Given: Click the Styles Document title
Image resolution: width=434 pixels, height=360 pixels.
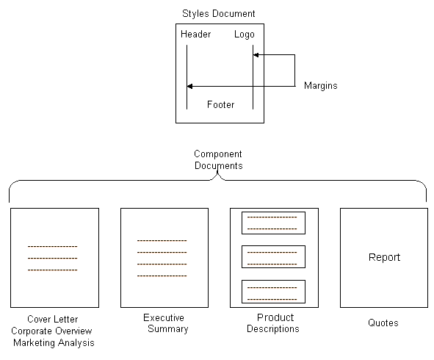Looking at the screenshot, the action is (x=218, y=14).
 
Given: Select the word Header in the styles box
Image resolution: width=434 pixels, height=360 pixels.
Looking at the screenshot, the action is (x=195, y=34).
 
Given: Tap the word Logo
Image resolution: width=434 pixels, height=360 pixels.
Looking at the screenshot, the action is (x=244, y=35).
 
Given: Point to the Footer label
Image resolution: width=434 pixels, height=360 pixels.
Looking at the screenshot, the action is (x=220, y=104).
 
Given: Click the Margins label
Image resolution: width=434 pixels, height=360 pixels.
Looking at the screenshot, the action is (x=320, y=86).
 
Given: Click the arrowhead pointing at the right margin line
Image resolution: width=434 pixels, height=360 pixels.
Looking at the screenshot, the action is (x=256, y=55).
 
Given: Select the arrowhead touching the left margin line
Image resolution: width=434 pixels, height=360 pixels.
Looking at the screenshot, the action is (x=190, y=87).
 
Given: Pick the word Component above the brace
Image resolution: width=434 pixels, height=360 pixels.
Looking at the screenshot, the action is (x=218, y=154).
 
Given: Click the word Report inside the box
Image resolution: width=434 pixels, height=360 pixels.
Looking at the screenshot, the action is (x=384, y=258).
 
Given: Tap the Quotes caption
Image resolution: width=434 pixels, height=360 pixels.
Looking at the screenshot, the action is (x=383, y=323).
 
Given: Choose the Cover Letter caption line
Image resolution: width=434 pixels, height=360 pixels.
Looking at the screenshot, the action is (x=53, y=320).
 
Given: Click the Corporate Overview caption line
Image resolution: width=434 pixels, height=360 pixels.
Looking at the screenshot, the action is (x=51, y=331).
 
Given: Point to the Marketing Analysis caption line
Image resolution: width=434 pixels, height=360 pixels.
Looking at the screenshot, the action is (x=54, y=343).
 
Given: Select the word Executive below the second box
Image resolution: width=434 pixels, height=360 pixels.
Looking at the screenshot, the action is (x=164, y=317).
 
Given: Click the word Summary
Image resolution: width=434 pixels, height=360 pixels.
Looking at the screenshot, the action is (x=168, y=329).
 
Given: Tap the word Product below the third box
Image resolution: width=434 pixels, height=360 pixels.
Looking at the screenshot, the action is (x=275, y=317).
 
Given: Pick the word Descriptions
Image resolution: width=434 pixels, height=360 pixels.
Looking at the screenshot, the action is (x=273, y=329).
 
